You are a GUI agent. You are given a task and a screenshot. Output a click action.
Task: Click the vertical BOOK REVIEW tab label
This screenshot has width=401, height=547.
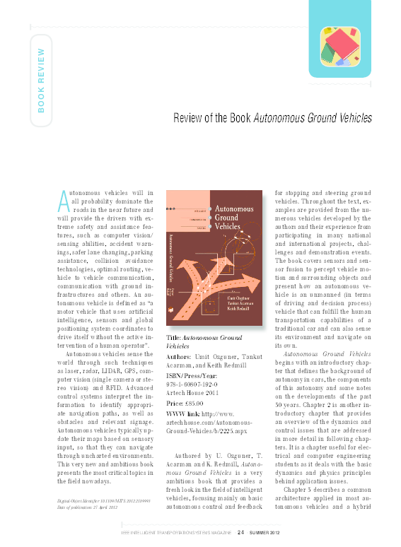41,80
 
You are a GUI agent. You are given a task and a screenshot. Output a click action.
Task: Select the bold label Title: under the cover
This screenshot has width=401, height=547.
173,339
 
